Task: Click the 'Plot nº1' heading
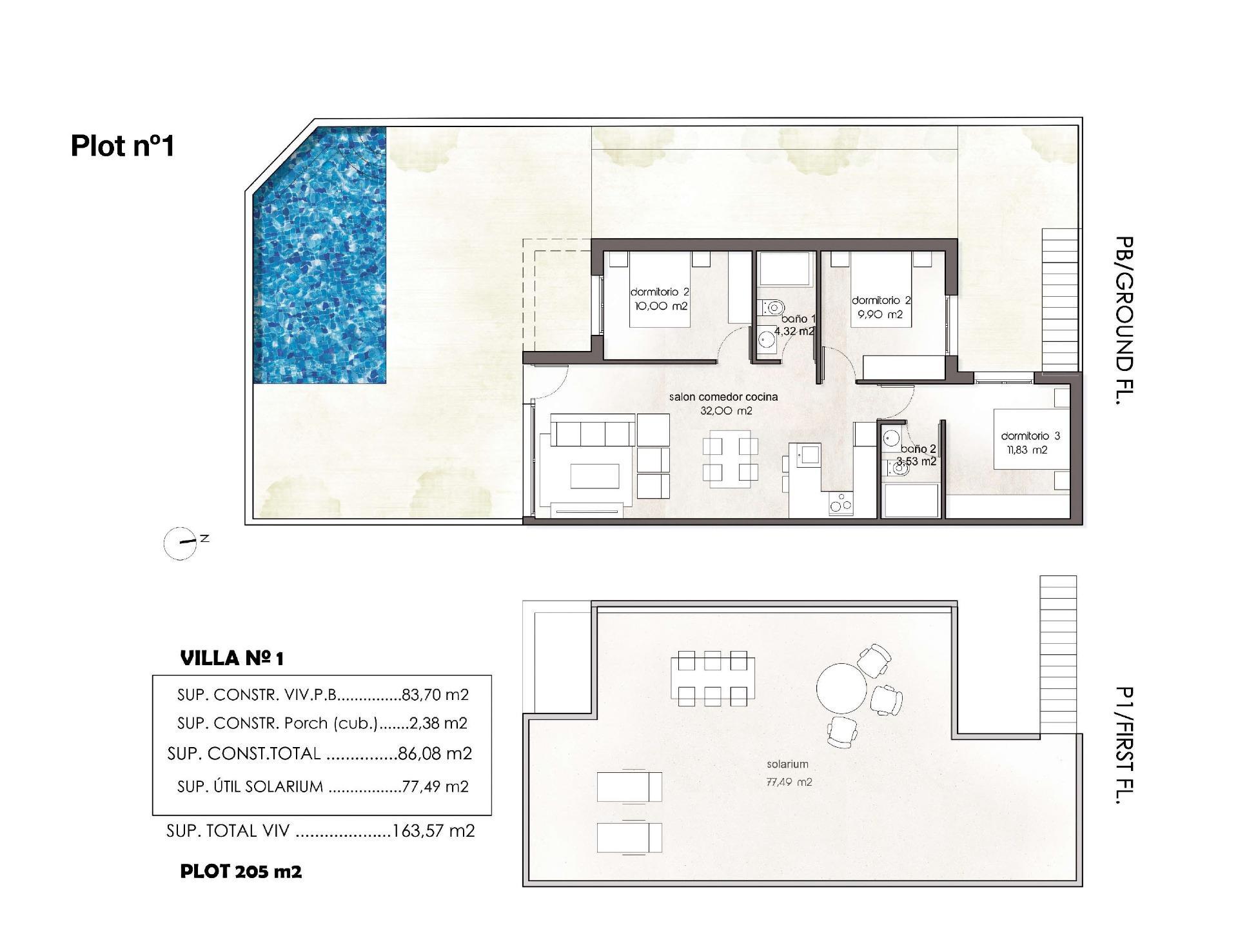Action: tap(123, 146)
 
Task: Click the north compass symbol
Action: tap(181, 543)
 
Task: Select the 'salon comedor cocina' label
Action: tap(723, 397)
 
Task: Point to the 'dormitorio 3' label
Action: tap(1030, 436)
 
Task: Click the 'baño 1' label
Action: tap(798, 319)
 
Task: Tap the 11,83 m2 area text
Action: tap(1028, 450)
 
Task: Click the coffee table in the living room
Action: tap(594, 476)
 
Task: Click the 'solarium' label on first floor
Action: tap(787, 764)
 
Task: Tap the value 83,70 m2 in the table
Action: tap(435, 695)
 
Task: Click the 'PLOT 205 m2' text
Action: tap(241, 872)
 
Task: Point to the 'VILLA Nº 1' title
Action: tap(232, 659)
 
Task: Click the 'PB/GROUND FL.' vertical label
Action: tap(1123, 320)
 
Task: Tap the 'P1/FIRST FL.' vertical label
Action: tap(1123, 745)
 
